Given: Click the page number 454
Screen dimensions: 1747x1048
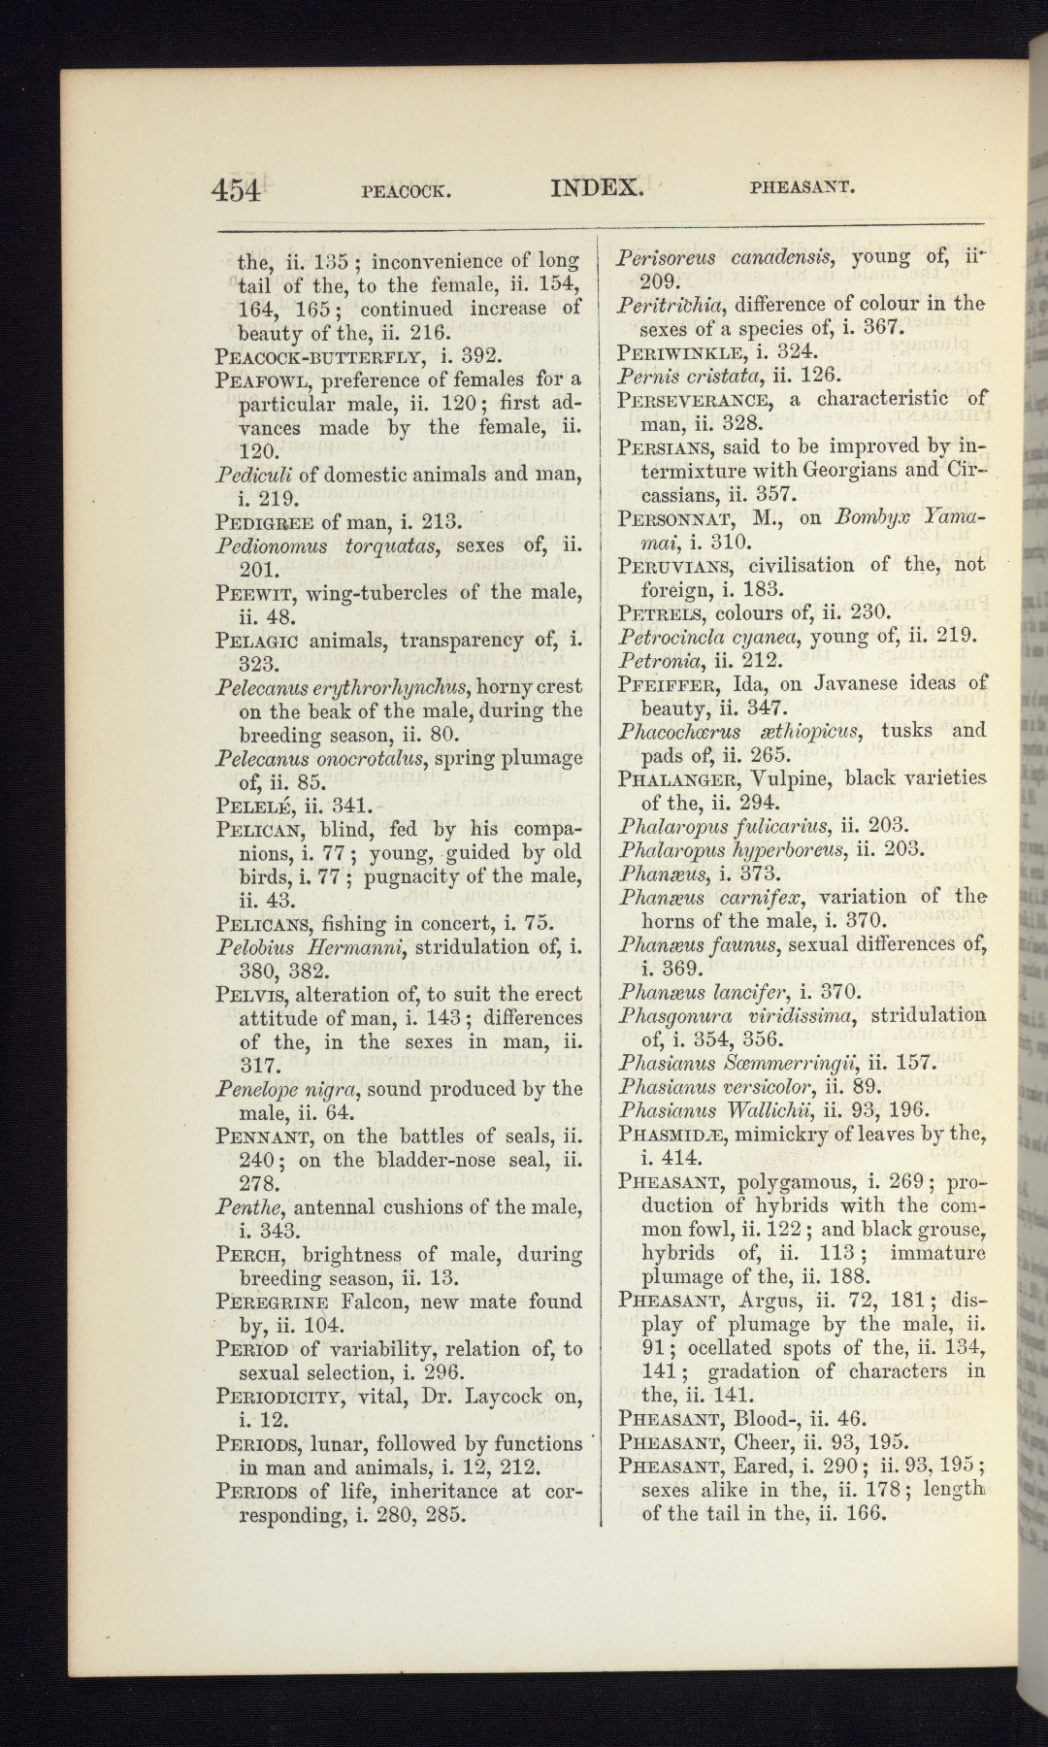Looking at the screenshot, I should click(237, 189).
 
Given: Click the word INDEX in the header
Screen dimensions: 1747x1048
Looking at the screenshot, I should click(597, 187).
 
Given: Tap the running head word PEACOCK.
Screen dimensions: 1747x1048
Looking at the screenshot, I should click(406, 191).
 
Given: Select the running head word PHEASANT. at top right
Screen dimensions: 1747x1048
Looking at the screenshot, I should click(802, 188).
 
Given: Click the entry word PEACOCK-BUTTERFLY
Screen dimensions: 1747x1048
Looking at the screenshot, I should click(324, 355).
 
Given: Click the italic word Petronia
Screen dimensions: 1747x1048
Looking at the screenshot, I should click(651, 660).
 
